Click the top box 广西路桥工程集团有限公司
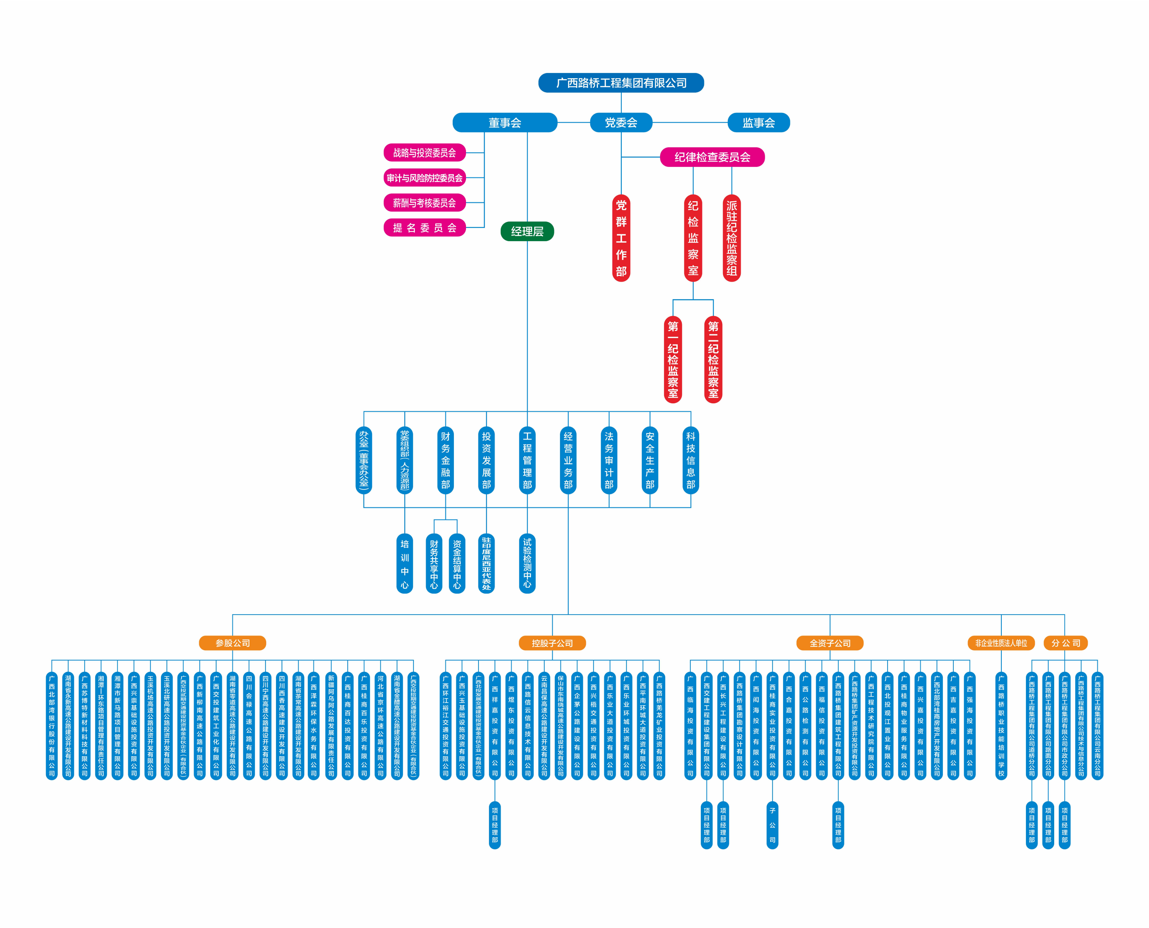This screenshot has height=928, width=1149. [x=621, y=83]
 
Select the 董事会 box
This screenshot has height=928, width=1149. [x=505, y=123]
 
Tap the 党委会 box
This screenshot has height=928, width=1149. [x=621, y=123]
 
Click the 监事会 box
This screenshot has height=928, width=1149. [x=758, y=123]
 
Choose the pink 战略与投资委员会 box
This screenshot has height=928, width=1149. [x=424, y=153]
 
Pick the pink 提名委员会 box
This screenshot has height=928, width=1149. [x=424, y=228]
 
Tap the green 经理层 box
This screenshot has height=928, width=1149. [x=527, y=231]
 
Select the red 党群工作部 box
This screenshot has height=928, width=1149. [x=621, y=238]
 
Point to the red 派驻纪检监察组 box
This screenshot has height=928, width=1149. [x=731, y=238]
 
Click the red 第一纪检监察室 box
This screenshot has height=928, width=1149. [x=673, y=359]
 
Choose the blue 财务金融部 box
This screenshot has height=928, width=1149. [x=445, y=460]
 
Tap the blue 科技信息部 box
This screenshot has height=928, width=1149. [x=691, y=460]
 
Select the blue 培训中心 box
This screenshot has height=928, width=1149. [x=405, y=563]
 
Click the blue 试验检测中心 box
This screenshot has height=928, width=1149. [x=527, y=563]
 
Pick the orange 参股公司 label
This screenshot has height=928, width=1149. [x=232, y=643]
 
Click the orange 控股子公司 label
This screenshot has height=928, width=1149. [x=552, y=643]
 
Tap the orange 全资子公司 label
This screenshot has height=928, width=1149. [x=830, y=643]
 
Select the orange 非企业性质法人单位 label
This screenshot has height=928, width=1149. [x=1001, y=643]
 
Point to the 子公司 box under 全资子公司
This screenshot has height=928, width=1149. [x=772, y=825]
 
